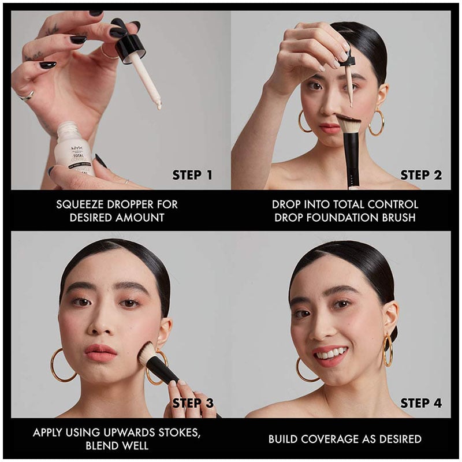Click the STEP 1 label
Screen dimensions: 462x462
tap(192, 175)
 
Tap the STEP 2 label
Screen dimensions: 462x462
tap(421, 175)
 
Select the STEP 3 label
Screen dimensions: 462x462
tap(193, 403)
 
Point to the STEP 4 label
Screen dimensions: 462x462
tap(421, 403)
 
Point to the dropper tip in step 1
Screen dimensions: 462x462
tap(159, 106)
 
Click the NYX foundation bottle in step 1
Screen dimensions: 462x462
tap(74, 150)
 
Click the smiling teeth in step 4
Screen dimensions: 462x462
tap(329, 353)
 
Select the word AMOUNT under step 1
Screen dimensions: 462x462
tap(140, 218)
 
